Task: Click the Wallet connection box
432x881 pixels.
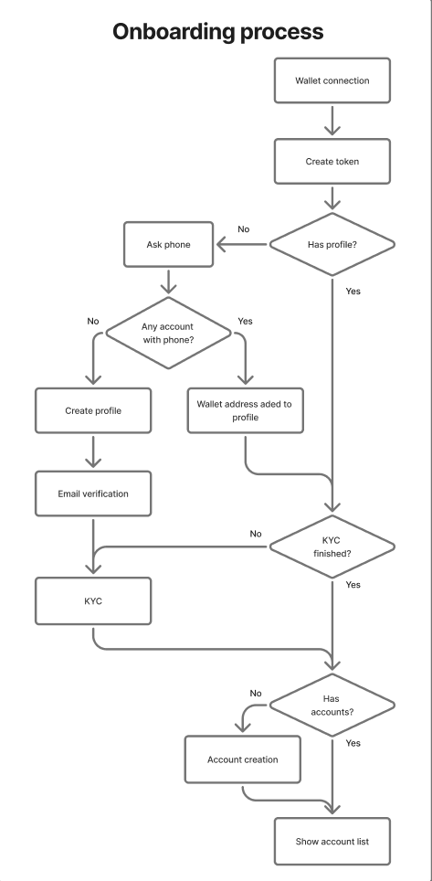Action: (x=332, y=80)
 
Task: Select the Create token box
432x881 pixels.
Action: (x=332, y=161)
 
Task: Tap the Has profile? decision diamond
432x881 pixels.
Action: (x=332, y=244)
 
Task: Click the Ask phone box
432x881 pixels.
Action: (x=169, y=244)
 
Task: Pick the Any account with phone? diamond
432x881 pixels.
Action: (x=169, y=334)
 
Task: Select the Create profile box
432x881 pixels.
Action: (x=93, y=410)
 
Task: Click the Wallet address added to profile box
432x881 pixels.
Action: (x=246, y=410)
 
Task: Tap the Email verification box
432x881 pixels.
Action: (x=93, y=494)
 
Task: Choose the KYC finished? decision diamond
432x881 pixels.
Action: (x=332, y=547)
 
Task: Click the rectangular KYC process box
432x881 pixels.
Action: (x=93, y=601)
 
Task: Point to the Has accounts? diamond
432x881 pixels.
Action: (x=332, y=706)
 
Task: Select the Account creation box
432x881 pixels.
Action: (x=243, y=759)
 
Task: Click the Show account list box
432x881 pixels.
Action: (x=332, y=842)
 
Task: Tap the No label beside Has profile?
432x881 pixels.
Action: (x=243, y=229)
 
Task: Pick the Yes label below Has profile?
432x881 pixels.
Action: (x=353, y=291)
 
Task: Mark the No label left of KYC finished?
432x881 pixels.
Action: (x=256, y=534)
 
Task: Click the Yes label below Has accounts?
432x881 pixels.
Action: (x=353, y=743)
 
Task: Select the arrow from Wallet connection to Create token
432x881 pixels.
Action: (x=332, y=121)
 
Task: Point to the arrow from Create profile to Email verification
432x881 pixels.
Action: (x=93, y=452)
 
